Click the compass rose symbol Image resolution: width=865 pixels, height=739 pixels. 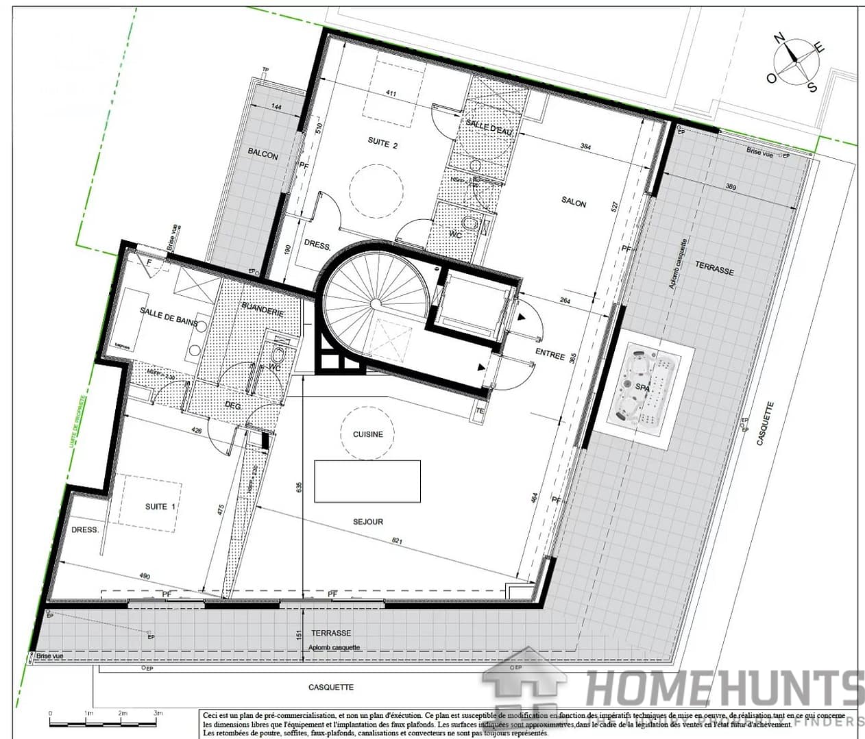[x=795, y=60]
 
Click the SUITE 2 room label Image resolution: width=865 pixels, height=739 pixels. [x=382, y=143]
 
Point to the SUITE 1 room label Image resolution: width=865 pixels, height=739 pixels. [x=160, y=506]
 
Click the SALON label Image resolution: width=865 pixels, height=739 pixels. [x=574, y=202]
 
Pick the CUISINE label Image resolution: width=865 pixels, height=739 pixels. [x=368, y=434]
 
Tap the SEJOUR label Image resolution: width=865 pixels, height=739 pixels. [x=368, y=522]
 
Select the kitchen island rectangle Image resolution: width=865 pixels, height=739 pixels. [x=367, y=481]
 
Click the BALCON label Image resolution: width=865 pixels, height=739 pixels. [x=263, y=155]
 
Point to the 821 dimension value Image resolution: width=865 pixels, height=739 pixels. [x=397, y=541]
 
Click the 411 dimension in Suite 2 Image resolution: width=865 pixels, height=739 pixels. [x=391, y=93]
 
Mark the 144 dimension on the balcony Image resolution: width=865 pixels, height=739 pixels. [x=276, y=107]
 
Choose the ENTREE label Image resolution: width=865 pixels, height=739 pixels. [x=550, y=355]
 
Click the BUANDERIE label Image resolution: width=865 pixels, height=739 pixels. [x=263, y=310]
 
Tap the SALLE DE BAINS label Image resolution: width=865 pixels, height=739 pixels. [x=169, y=316]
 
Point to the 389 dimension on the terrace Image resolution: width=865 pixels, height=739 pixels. [x=731, y=187]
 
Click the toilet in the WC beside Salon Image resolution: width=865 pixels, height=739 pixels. [x=470, y=223]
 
